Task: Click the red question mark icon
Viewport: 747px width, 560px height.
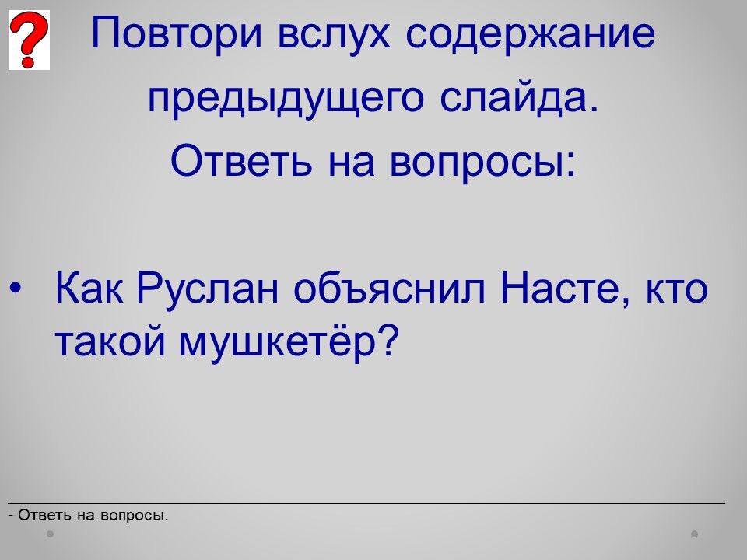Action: coord(29,40)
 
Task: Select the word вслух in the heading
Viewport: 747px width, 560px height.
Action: coord(334,33)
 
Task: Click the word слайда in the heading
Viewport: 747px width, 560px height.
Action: coord(518,98)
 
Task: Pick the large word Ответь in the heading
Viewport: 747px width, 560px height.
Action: coord(241,160)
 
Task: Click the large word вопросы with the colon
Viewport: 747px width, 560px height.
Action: coord(482,161)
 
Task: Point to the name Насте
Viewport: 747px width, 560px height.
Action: coord(566,289)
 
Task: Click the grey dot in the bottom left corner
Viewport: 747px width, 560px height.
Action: coord(50,534)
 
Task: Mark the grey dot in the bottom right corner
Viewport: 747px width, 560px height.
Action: coord(695,534)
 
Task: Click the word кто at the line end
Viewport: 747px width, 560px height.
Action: coord(676,289)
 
